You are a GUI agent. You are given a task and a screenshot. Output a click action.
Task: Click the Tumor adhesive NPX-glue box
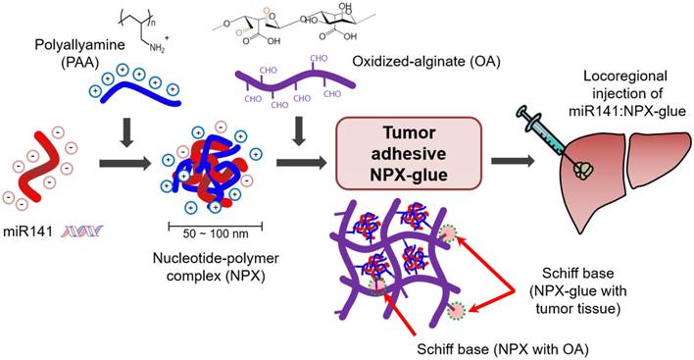(409, 153)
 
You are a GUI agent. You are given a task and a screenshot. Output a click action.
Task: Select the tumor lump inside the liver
(584, 170)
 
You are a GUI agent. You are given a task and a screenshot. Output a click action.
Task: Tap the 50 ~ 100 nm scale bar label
(216, 233)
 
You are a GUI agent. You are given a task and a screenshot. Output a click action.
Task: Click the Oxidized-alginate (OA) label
(426, 62)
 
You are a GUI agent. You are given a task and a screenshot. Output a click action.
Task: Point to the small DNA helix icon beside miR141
(82, 231)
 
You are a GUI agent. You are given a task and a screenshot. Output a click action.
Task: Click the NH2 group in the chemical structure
(157, 48)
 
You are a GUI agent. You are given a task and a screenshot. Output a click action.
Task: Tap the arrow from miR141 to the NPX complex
(125, 164)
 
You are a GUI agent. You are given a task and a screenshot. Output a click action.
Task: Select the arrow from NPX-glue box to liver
(513, 161)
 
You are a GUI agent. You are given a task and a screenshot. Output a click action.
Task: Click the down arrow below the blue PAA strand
(127, 132)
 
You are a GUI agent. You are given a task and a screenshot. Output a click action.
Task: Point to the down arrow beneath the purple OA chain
(299, 131)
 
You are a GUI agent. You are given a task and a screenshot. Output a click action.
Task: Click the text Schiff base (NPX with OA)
(503, 349)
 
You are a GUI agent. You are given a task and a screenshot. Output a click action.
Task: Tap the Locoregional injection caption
(627, 93)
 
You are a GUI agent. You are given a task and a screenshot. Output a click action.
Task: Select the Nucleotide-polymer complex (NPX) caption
(216, 267)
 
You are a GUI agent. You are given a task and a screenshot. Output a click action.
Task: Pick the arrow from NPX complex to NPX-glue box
(301, 163)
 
